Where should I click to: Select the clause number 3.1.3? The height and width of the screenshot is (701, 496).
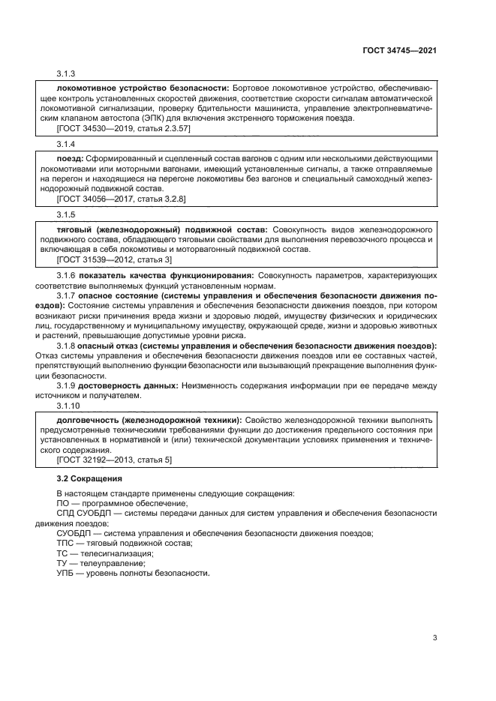coord(67,73)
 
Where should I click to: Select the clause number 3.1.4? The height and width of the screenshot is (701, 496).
coord(67,143)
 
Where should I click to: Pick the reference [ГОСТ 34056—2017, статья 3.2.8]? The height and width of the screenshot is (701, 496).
coord(122,199)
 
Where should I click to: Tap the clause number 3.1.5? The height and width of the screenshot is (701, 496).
coord(67,214)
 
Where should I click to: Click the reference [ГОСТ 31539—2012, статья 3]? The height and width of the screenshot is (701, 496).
coord(114,259)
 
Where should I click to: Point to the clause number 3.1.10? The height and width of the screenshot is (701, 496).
coord(69,405)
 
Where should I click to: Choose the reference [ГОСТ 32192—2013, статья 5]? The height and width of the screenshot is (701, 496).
coord(114,460)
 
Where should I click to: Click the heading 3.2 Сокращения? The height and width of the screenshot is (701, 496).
coord(89,478)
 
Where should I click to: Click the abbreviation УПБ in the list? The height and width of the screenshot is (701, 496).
coord(66,573)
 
